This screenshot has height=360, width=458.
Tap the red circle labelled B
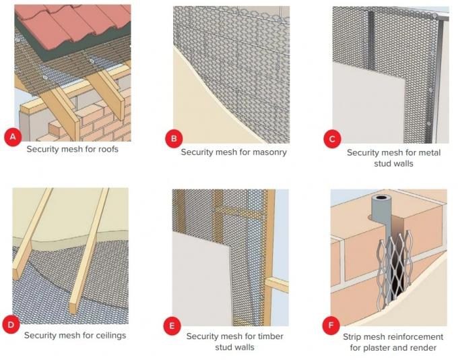(x=174, y=140)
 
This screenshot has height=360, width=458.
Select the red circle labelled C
(x=331, y=139)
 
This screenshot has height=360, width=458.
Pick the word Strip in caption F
(x=356, y=336)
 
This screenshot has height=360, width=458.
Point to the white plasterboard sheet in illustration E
(x=202, y=270)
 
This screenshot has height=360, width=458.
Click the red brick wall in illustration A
(x=101, y=121)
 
